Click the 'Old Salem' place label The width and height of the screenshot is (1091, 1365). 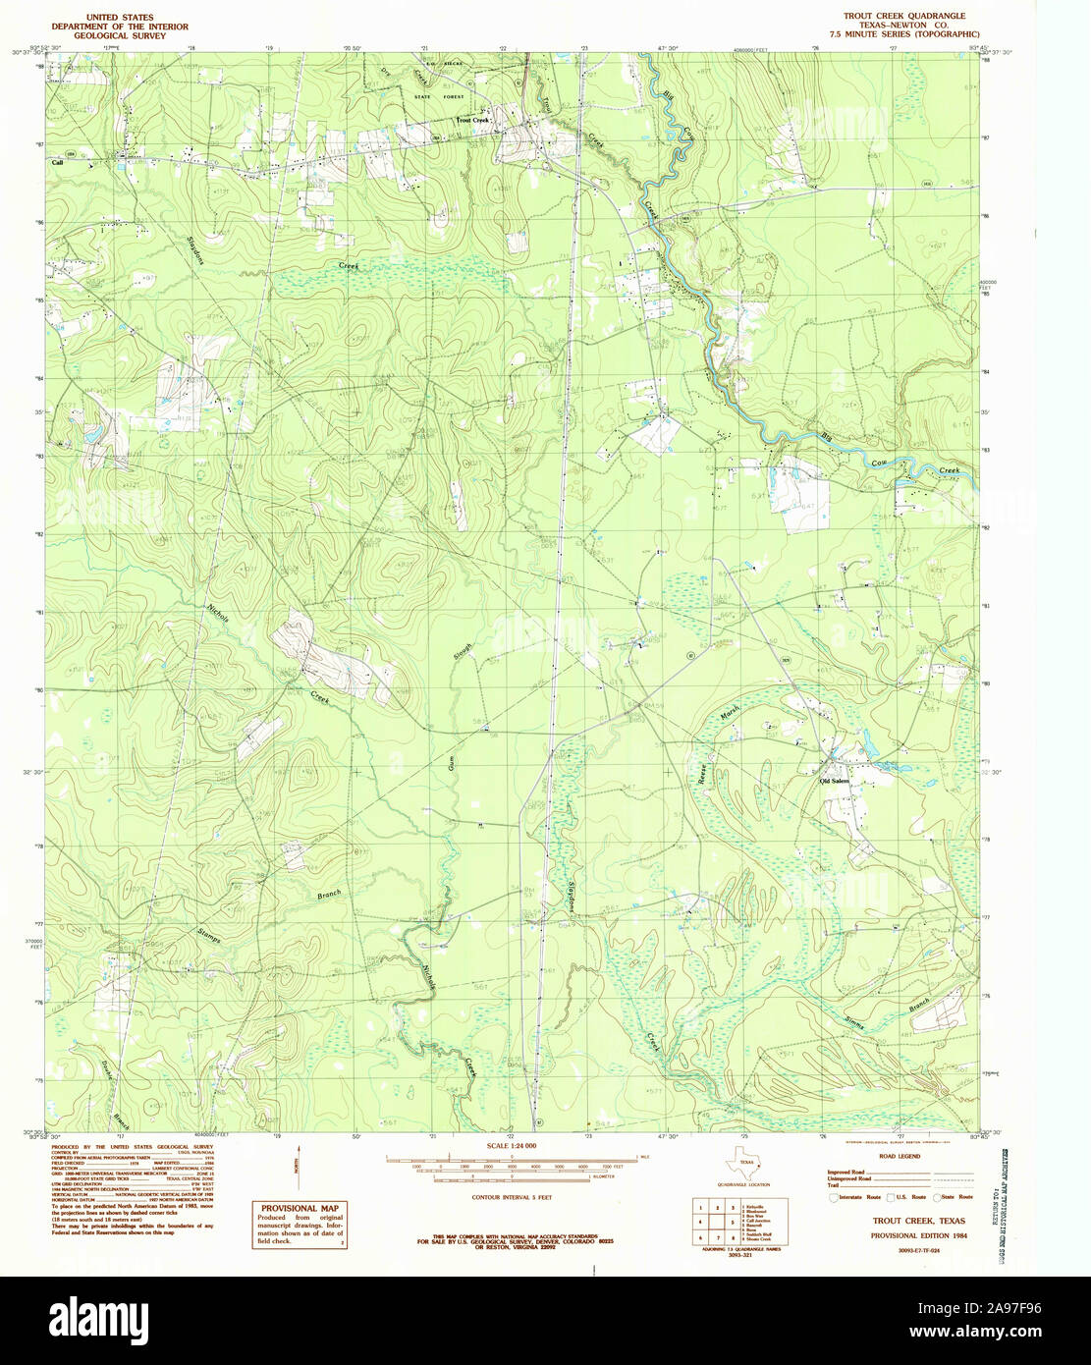pos(834,781)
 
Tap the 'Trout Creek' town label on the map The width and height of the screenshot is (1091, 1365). pos(472,121)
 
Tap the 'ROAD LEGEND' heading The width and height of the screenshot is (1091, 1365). pos(901,1157)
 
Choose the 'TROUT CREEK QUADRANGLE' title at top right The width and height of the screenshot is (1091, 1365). pos(903,17)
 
